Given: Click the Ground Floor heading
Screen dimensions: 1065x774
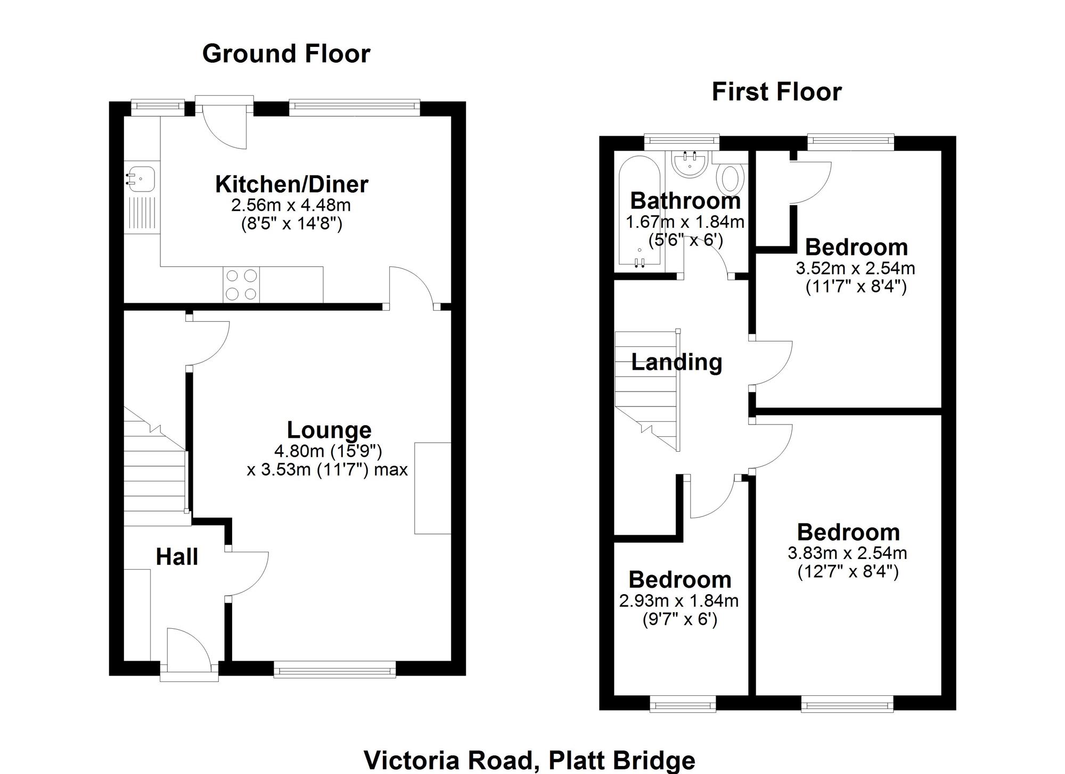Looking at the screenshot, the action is [x=286, y=54].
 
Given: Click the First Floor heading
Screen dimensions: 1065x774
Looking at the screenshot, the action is [x=777, y=92].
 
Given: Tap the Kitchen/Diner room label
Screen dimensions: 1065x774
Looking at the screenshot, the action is [x=292, y=184].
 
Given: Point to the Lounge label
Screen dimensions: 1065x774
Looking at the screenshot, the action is [x=329, y=430].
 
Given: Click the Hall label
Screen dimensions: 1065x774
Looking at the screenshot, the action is [x=177, y=557].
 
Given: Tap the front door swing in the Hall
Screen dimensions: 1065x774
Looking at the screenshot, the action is [x=191, y=647].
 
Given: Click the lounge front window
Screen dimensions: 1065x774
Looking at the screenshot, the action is [x=335, y=669].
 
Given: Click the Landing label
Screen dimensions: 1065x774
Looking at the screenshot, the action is [x=676, y=362].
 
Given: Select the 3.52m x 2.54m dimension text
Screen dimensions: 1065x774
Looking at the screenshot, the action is [x=855, y=268].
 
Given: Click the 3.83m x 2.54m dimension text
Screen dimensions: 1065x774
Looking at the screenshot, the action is [x=848, y=553].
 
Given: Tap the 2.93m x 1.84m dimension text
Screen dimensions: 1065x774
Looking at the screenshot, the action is [x=679, y=601].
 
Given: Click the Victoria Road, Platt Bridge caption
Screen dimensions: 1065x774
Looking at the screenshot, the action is [x=529, y=761].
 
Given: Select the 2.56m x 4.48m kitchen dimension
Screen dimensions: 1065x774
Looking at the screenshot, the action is [x=291, y=205].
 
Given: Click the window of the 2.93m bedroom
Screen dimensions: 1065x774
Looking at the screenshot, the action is [x=683, y=704].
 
